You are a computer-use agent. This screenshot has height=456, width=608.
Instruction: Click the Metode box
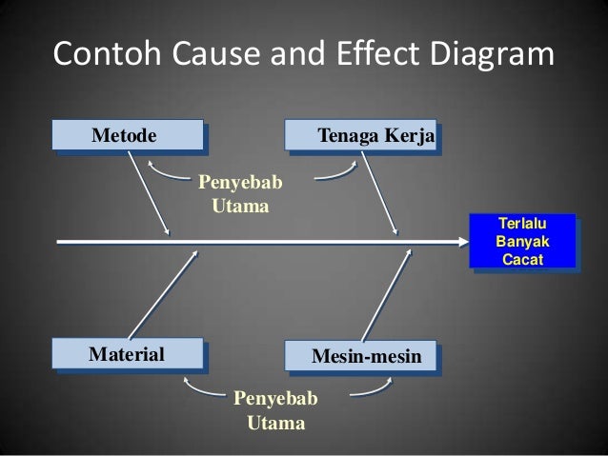click(129, 135)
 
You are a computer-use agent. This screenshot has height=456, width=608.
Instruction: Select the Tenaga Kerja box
click(361, 136)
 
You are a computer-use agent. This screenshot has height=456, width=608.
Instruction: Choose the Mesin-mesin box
click(361, 357)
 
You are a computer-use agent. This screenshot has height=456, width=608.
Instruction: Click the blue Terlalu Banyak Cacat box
click(523, 240)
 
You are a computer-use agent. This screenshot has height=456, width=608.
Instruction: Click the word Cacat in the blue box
click(523, 258)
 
